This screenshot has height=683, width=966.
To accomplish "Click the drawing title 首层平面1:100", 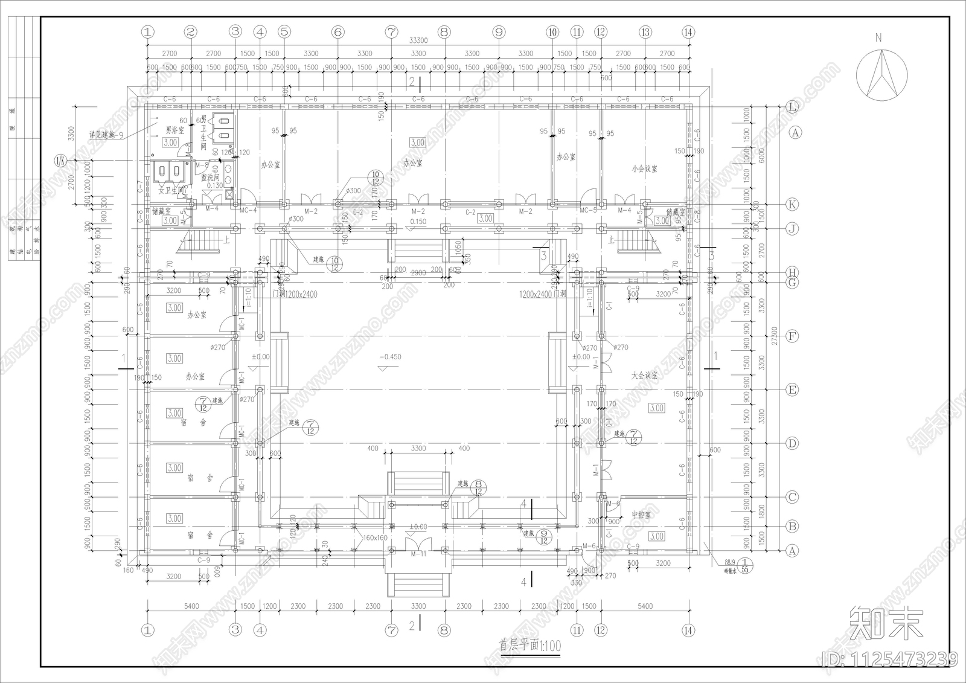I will click(x=529, y=646).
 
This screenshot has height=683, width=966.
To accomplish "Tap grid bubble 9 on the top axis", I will click(x=499, y=32).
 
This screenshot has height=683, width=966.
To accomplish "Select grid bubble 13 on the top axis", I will click(x=645, y=32).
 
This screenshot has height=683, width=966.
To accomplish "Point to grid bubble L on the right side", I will click(x=793, y=107).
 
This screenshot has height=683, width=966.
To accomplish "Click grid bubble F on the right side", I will click(x=793, y=336).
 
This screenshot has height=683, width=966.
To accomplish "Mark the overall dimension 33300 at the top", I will click(x=418, y=40).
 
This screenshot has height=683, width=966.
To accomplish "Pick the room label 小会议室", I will click(x=645, y=169).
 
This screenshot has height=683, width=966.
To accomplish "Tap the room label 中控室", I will click(x=641, y=515).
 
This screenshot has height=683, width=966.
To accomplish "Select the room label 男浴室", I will click(x=174, y=130).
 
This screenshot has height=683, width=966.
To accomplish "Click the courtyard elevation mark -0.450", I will click(x=391, y=357).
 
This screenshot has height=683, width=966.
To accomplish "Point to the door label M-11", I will click(x=418, y=554).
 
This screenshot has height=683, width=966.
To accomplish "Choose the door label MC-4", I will click(x=248, y=211).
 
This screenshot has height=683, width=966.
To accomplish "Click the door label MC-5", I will click(x=588, y=211).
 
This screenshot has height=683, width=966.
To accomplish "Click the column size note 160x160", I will click(x=375, y=537).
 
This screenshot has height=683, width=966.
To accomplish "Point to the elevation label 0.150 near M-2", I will click(x=418, y=222).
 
